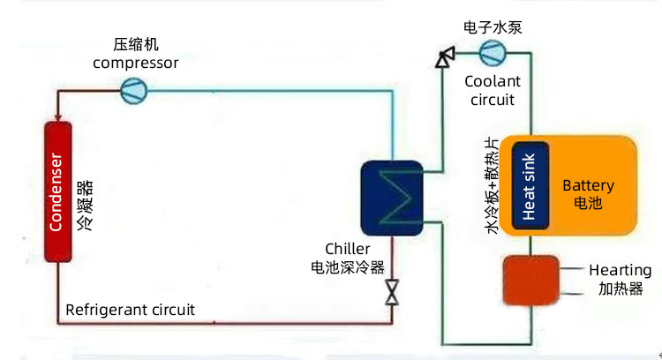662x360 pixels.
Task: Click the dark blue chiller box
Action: point(393,197)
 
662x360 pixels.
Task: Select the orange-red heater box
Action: point(530,281)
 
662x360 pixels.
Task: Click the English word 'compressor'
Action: point(135,63)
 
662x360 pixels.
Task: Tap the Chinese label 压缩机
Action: point(135,45)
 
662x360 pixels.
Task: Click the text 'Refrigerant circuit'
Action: point(130,310)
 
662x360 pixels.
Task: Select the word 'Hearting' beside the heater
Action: point(620,271)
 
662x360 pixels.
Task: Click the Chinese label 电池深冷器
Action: point(347,266)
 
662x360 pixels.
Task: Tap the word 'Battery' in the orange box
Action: point(588,186)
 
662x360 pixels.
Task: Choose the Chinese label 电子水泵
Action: point(493,27)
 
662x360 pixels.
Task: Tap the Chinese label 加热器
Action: point(620,289)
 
